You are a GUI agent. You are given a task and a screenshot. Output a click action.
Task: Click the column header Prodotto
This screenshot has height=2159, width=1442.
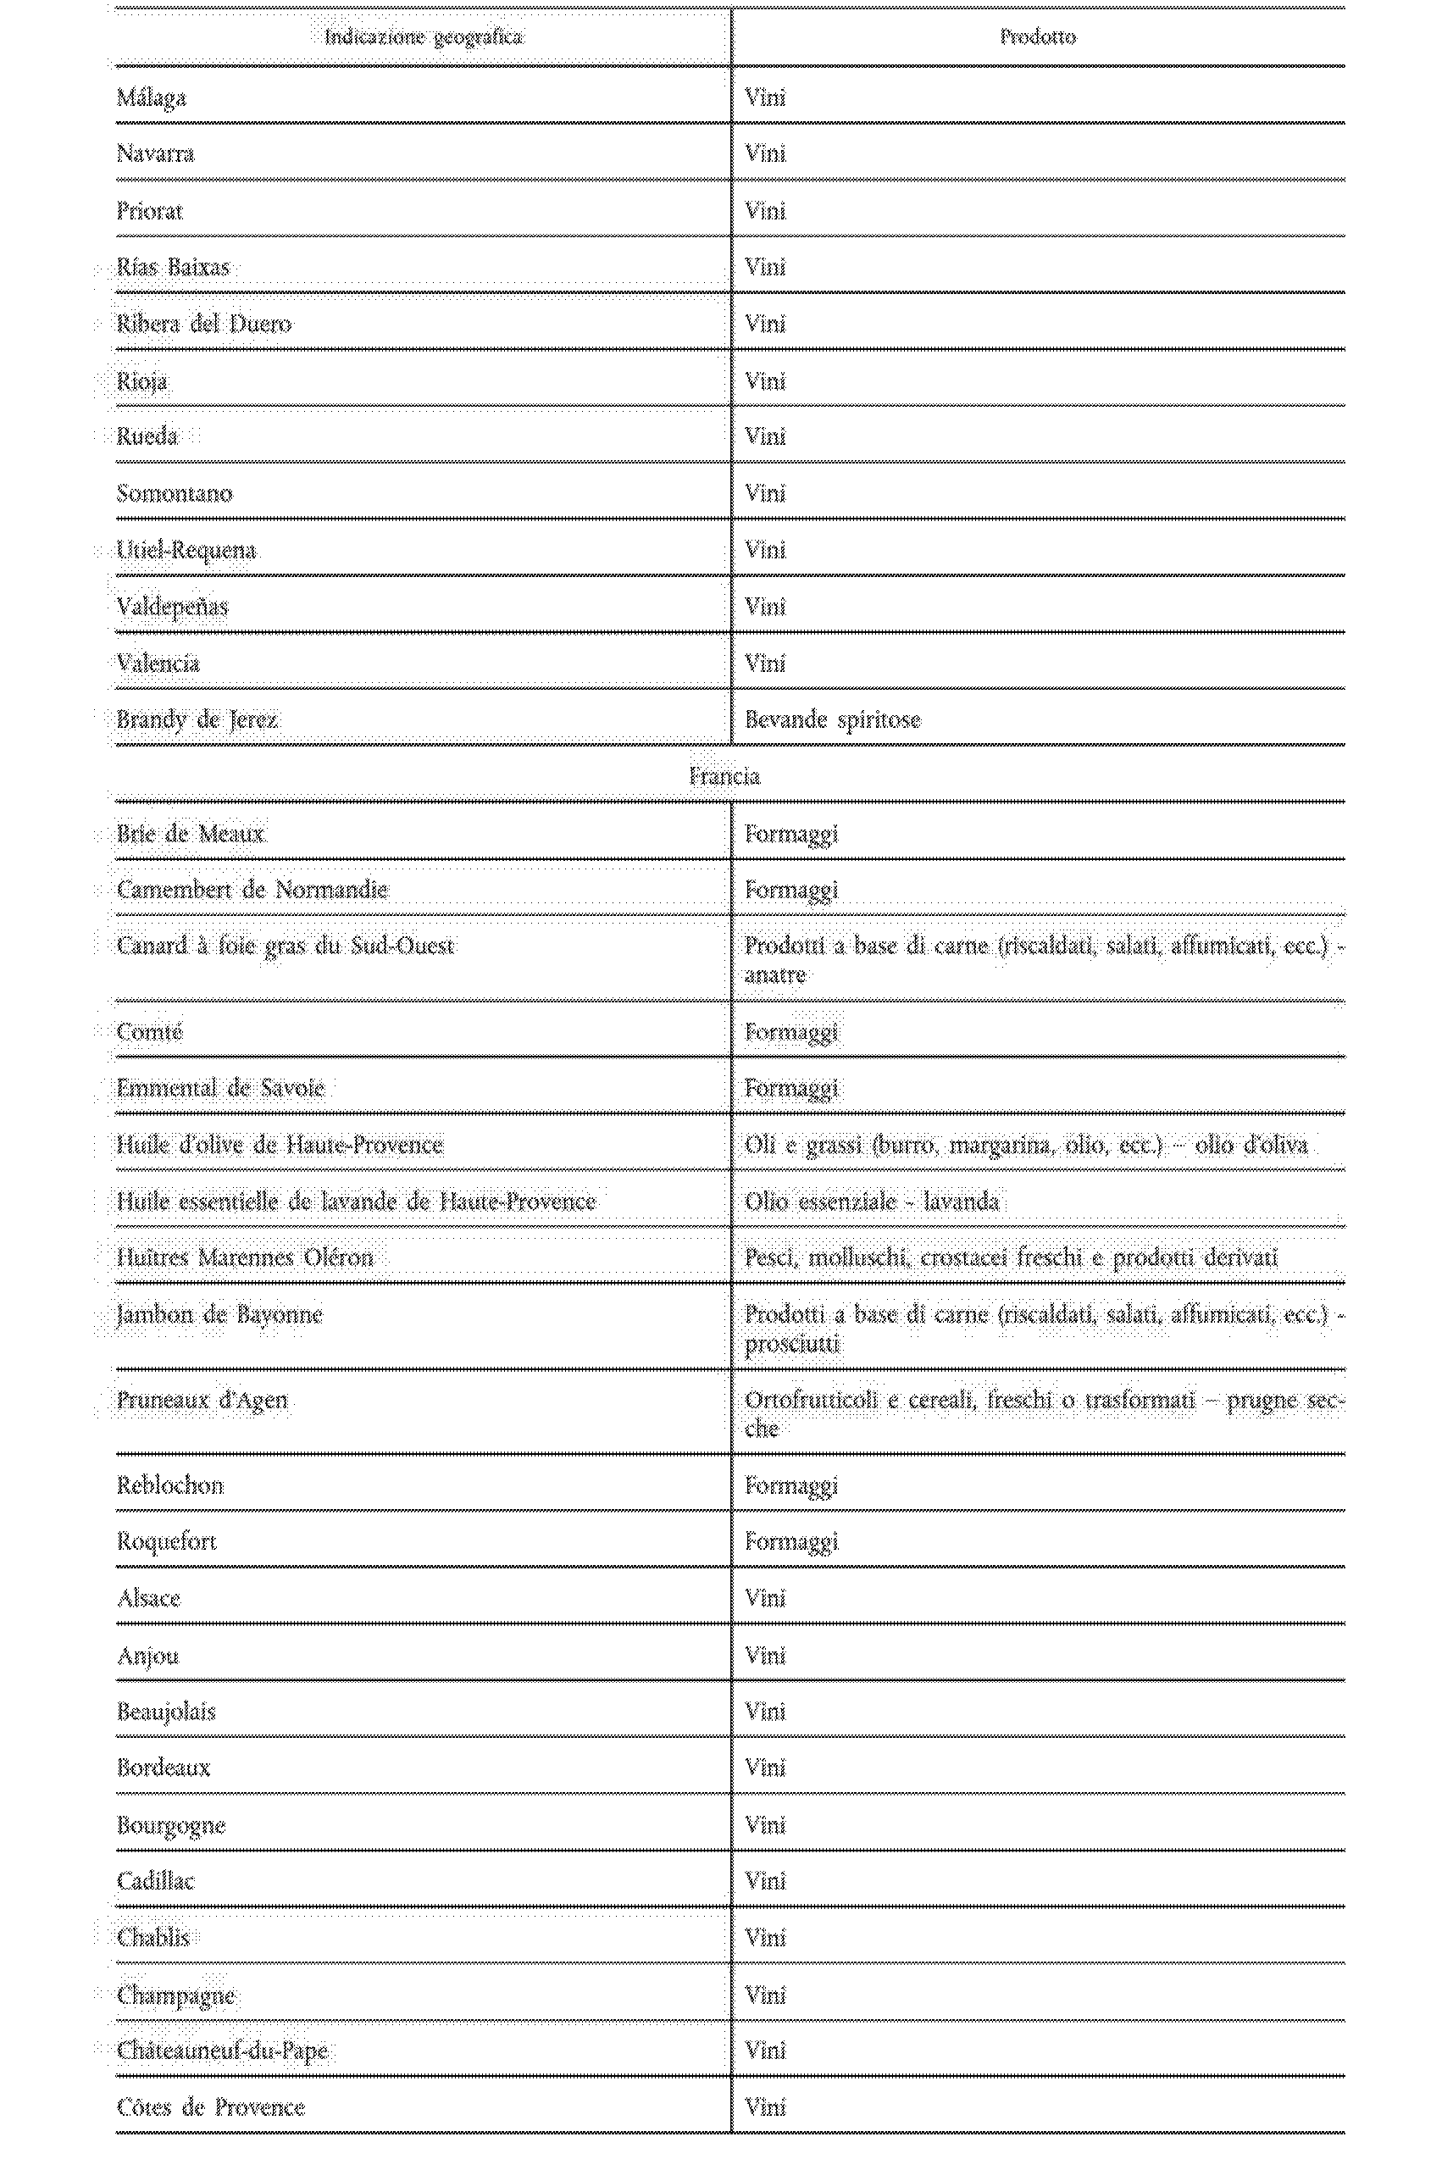(1037, 37)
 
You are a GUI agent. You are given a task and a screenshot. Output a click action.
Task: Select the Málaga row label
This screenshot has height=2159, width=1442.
(152, 97)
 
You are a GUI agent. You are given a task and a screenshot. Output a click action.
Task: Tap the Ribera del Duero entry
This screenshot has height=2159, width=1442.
(204, 324)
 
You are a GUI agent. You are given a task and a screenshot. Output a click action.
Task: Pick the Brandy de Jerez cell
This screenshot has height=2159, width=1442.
(197, 719)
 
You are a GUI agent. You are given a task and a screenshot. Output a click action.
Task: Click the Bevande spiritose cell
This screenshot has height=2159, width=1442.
(832, 719)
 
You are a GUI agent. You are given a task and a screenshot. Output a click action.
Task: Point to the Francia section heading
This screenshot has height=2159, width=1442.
(724, 776)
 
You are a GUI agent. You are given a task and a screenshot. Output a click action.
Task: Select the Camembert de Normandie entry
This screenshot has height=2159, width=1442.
(253, 890)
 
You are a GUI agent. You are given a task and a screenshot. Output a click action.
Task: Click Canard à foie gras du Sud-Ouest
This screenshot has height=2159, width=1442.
(285, 946)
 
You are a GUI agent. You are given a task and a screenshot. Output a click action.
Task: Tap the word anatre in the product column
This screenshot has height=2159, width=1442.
(774, 974)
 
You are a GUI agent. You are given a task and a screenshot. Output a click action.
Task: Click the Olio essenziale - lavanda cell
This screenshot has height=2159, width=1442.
(871, 1201)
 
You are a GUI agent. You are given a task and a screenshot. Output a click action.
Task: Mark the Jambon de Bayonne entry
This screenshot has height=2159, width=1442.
(219, 1314)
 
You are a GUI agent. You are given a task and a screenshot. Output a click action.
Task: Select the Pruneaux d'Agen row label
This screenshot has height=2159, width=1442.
(202, 1401)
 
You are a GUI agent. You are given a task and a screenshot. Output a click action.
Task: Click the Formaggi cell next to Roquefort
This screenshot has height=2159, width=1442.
(790, 1541)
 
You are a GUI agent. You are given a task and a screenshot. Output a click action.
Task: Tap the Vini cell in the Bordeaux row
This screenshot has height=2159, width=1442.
(765, 1768)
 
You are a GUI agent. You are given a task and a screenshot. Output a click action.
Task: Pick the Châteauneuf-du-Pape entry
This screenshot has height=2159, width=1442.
(223, 2051)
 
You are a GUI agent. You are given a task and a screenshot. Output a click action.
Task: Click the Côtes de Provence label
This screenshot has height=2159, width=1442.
(211, 2106)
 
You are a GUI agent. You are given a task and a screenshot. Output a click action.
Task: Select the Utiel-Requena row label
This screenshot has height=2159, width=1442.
(186, 550)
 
